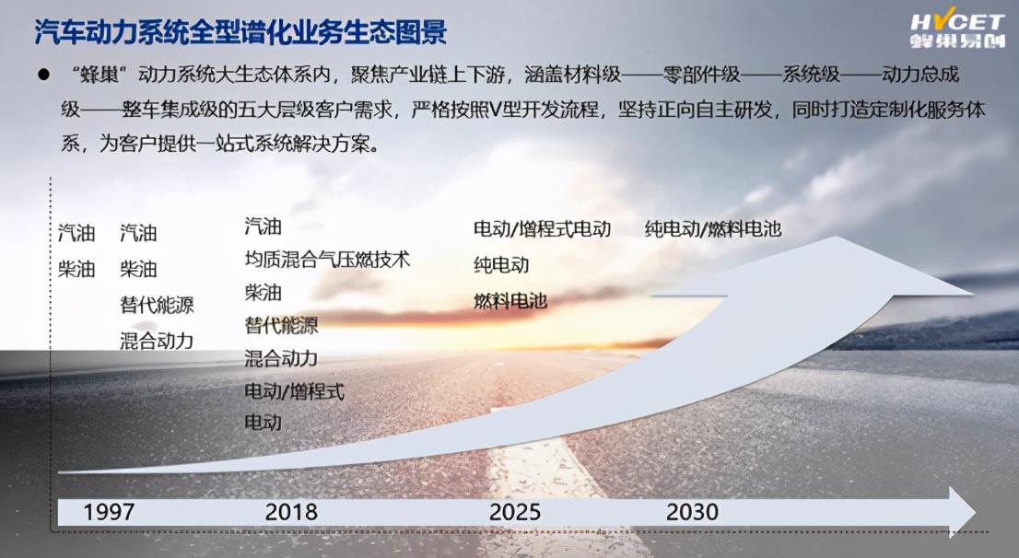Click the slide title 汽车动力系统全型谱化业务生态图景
pos(240,32)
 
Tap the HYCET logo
pos(957,29)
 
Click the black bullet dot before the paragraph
pos(43,75)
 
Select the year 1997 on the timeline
pos(109,512)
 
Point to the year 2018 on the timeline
pos(291,512)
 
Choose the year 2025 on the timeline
pos(515,512)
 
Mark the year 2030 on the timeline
pos(692,512)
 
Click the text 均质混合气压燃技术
pos(328,260)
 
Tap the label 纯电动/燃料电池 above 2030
pos(713,228)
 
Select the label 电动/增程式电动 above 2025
pos(542,228)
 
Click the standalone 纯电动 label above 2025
pos(501,265)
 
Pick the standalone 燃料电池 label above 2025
pos(510,301)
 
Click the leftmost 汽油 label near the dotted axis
pos(76,233)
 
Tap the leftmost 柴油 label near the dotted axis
pos(76,269)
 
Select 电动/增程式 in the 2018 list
pos(295,391)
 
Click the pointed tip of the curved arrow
pos(973,294)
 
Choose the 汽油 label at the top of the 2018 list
pos(264,227)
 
